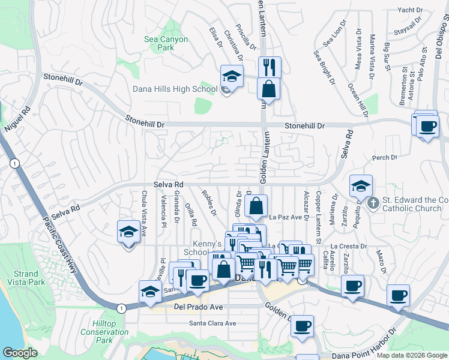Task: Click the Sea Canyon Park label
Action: (166, 44)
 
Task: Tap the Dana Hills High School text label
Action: (175, 89)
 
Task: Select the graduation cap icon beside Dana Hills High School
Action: (232, 76)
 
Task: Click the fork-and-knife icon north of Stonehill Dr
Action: (270, 67)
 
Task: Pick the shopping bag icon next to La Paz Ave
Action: (256, 205)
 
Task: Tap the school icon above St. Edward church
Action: (361, 185)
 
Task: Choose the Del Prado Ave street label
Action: (198, 307)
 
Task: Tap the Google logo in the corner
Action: (20, 353)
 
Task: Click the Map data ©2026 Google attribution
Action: (411, 355)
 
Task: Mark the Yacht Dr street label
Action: (411, 10)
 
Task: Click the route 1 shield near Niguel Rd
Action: (13, 163)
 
